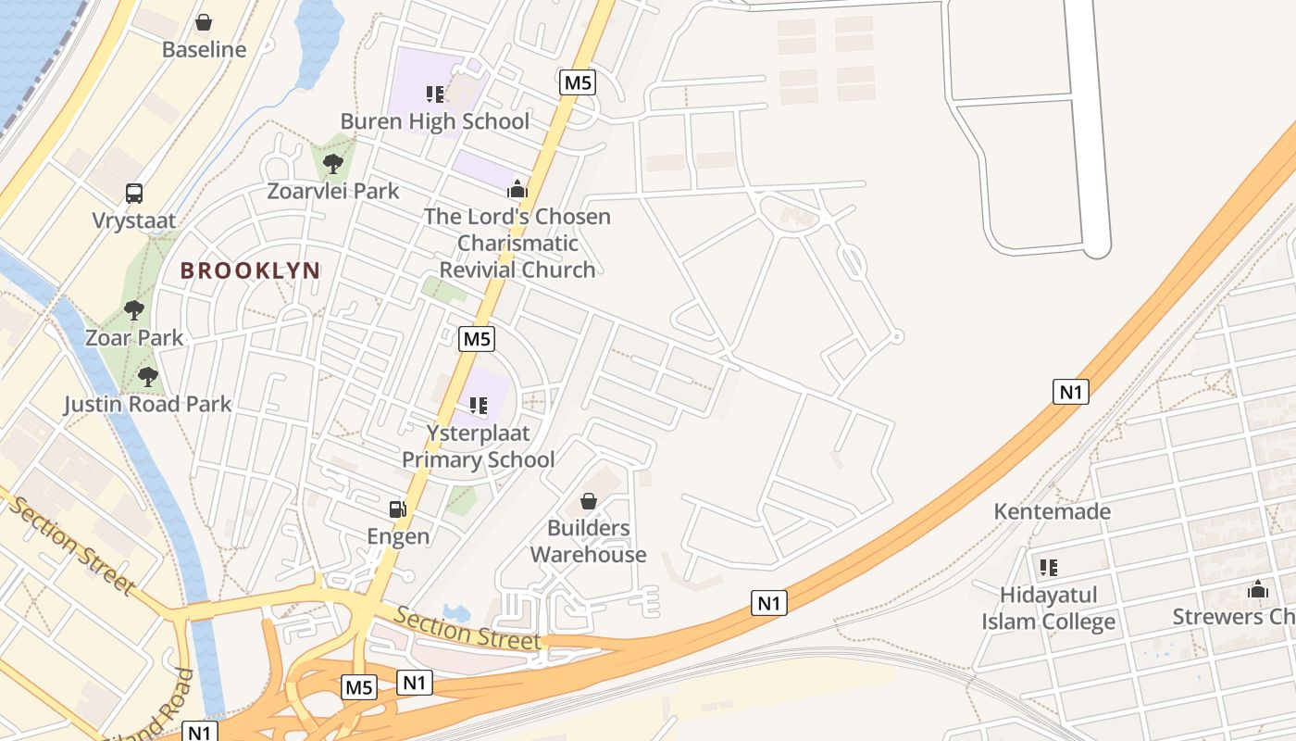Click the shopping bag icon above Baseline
pyautogui.click(x=204, y=22)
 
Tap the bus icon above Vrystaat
pyautogui.click(x=134, y=194)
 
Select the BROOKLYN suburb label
pyautogui.click(x=250, y=270)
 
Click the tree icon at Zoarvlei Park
pyautogui.click(x=333, y=164)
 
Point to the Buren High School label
pyautogui.click(x=435, y=121)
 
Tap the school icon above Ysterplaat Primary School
pyautogui.click(x=479, y=405)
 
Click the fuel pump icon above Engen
pyautogui.click(x=398, y=509)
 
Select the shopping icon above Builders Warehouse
pyautogui.click(x=588, y=501)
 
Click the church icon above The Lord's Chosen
pyautogui.click(x=517, y=190)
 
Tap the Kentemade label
pyautogui.click(x=1052, y=511)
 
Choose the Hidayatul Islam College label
pyautogui.click(x=1049, y=609)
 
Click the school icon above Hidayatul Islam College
pyautogui.click(x=1049, y=567)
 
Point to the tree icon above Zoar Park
pyautogui.click(x=134, y=309)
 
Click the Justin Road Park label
pyautogui.click(x=148, y=404)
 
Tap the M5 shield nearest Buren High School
pyautogui.click(x=578, y=82)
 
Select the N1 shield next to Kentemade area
pyautogui.click(x=1070, y=392)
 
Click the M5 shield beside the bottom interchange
pyautogui.click(x=359, y=687)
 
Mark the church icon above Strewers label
pyautogui.click(x=1257, y=589)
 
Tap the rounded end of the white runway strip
pyautogui.click(x=1096, y=248)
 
